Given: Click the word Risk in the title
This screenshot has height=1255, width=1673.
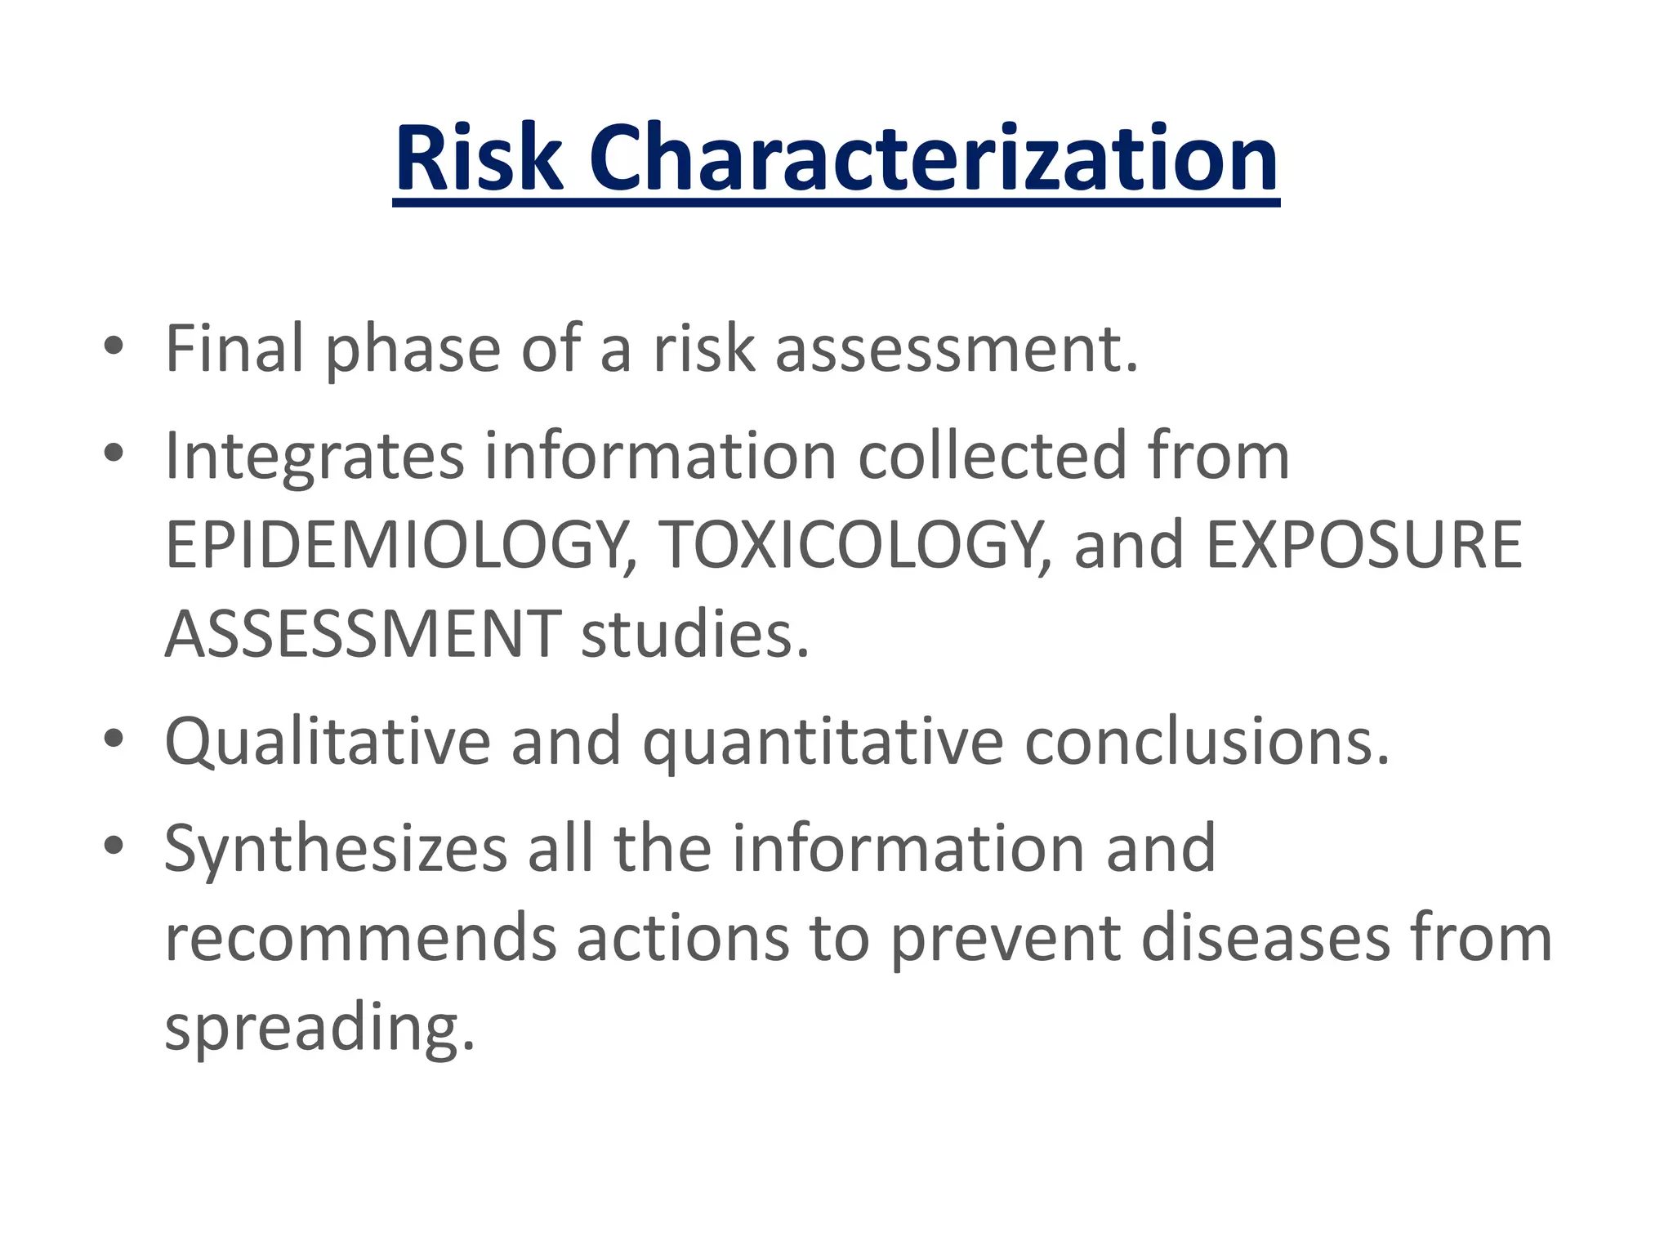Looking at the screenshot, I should click(x=479, y=159).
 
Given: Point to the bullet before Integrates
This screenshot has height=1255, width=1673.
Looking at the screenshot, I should click(x=114, y=453).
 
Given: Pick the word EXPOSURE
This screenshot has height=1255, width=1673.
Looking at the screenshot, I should click(x=1363, y=546).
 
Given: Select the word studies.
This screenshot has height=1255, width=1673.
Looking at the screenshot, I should click(x=694, y=635).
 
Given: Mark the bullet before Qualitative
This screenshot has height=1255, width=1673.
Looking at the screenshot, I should click(x=114, y=739).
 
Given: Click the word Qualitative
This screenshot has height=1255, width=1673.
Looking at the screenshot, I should click(x=327, y=742).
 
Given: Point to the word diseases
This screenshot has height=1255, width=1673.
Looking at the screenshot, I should click(x=1265, y=938).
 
